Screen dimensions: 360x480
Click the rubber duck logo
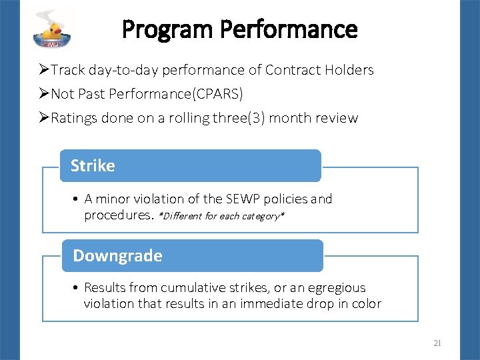[x=53, y=30]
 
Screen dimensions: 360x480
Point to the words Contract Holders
[x=319, y=70]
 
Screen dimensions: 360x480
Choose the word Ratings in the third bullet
[x=74, y=119]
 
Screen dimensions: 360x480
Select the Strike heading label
[x=93, y=166]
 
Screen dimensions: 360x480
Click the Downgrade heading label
[x=117, y=256]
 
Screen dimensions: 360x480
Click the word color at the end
[x=366, y=304]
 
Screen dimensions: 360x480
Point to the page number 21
[x=437, y=343]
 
